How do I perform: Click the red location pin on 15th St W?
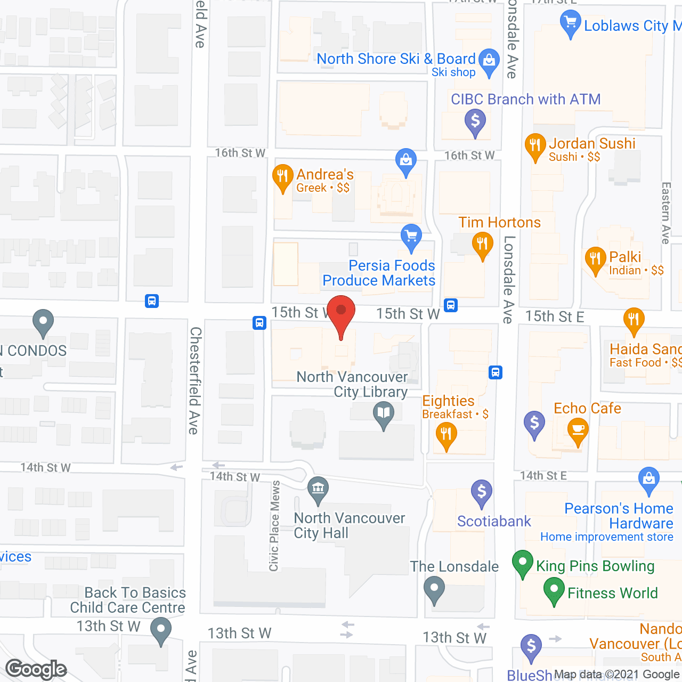[x=341, y=311]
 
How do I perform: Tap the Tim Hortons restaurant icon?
[x=482, y=245]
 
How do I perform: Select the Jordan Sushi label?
[x=592, y=143]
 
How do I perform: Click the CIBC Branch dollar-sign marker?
[x=475, y=121]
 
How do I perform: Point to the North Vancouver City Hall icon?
[x=318, y=488]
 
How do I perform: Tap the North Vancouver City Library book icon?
[x=384, y=413]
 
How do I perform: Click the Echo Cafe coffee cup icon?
[x=578, y=429]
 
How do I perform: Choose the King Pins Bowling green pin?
[x=523, y=562]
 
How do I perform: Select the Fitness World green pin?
[x=554, y=590]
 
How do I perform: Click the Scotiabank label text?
[x=494, y=521]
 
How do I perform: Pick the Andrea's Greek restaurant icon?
[x=282, y=176]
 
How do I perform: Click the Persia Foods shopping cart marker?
[x=411, y=236]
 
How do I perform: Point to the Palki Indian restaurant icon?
[x=595, y=259]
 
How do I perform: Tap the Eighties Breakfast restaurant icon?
[x=446, y=434]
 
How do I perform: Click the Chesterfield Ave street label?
[x=195, y=380]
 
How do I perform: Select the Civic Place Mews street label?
[x=274, y=526]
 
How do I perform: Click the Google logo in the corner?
[x=36, y=669]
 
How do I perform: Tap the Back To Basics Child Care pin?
[x=160, y=629]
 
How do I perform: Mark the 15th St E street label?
[x=554, y=316]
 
